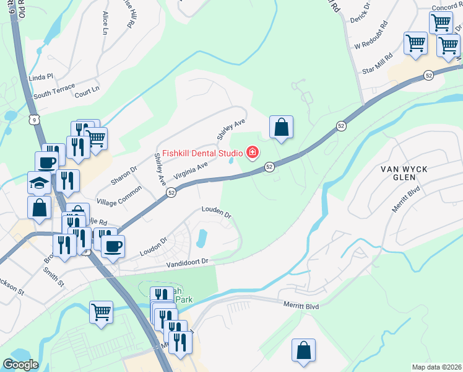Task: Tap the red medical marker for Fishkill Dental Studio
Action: click(x=253, y=152)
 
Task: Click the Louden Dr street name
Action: click(x=216, y=213)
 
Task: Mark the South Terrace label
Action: click(x=54, y=94)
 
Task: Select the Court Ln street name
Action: click(x=87, y=92)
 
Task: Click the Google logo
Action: click(x=20, y=365)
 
